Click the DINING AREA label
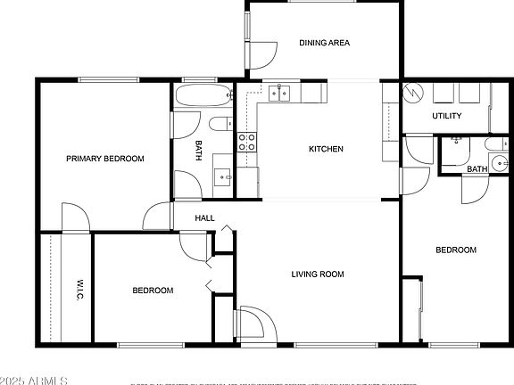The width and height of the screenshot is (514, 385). click(324, 43)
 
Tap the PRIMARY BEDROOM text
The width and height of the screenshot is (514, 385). click(105, 159)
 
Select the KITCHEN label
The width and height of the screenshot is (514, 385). click(326, 149)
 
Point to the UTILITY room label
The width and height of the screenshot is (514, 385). click(446, 117)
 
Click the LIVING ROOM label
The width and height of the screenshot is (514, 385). click(318, 274)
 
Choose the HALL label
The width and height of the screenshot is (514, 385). click(205, 217)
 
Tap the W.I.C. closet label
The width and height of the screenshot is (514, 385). click(78, 289)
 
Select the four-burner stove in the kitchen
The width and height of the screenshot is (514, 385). click(247, 141)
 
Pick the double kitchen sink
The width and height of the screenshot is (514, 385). click(282, 92)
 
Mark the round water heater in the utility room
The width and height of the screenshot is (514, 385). click(415, 93)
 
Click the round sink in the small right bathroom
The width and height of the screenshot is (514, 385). click(501, 162)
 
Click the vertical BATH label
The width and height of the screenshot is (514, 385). click(199, 152)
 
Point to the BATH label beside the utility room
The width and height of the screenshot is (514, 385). click(477, 169)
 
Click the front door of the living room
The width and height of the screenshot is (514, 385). click(252, 323)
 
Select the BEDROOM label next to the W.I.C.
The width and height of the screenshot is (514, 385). click(153, 291)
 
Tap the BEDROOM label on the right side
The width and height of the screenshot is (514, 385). click(455, 250)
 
